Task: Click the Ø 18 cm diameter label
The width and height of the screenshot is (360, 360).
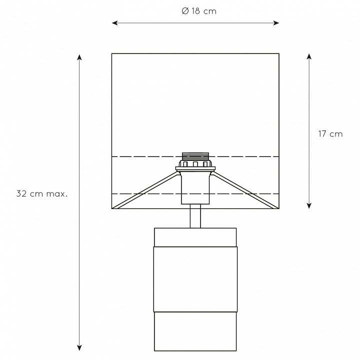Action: pyautogui.click(x=199, y=11)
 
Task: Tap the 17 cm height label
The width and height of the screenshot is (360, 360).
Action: pyautogui.click(x=330, y=134)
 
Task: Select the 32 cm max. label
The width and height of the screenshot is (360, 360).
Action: pyautogui.click(x=42, y=194)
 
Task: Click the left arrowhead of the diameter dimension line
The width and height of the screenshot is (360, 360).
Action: pyautogui.click(x=115, y=22)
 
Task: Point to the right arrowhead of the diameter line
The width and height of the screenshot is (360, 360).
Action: pyautogui.click(x=276, y=22)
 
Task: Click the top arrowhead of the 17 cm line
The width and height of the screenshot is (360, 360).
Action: pyautogui.click(x=309, y=56)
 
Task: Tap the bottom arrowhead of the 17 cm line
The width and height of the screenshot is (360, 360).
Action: pyautogui.click(x=309, y=205)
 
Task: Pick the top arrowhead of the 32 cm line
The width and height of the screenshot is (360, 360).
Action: pyautogui.click(x=79, y=57)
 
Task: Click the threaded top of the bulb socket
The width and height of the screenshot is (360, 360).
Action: pyautogui.click(x=195, y=156)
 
